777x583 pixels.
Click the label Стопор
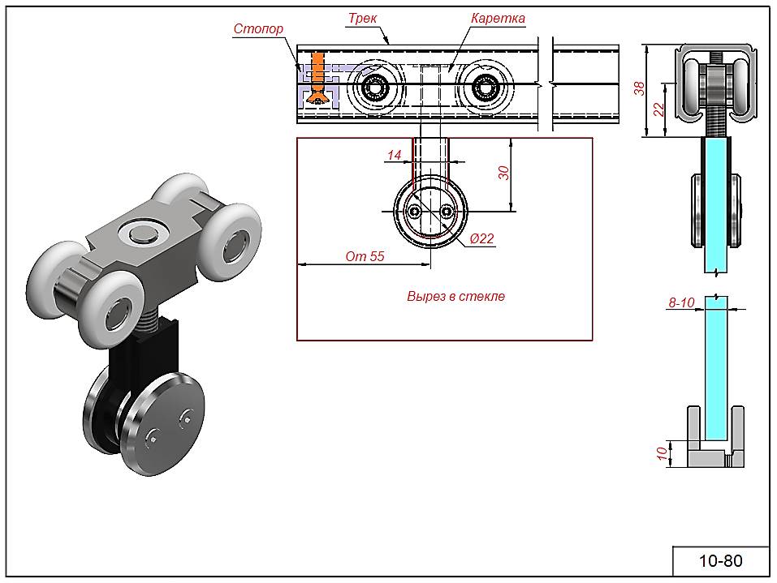pyautogui.click(x=258, y=29)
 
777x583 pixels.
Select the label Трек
pyautogui.click(x=362, y=18)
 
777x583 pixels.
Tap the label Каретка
pyautogui.click(x=497, y=18)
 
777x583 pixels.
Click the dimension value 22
pyautogui.click(x=659, y=109)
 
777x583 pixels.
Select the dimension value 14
pyautogui.click(x=395, y=155)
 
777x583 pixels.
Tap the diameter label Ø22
pyautogui.click(x=482, y=238)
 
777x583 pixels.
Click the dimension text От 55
pyautogui.click(x=364, y=256)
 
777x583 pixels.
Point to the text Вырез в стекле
pyautogui.click(x=455, y=297)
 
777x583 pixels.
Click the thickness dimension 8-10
pyautogui.click(x=680, y=302)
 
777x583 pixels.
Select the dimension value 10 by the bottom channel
pyautogui.click(x=663, y=453)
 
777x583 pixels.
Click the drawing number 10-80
pyautogui.click(x=720, y=561)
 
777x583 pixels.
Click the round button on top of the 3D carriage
pyautogui.click(x=141, y=234)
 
